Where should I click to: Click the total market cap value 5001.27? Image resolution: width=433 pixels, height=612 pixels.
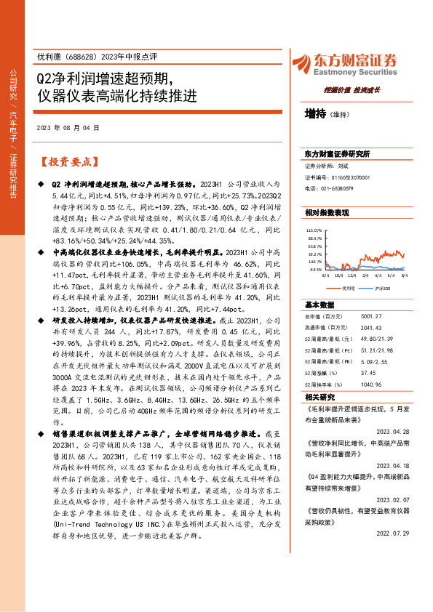[371, 316]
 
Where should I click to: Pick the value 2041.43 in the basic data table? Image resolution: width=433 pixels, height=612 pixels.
[371, 328]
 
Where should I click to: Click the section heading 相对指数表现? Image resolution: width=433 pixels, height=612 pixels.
[327, 212]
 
